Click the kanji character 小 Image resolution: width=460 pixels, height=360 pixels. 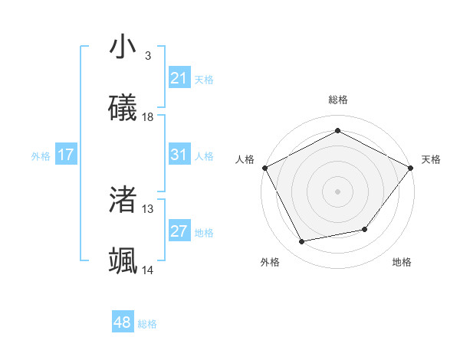(x=123, y=47)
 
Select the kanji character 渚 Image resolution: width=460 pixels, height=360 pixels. (x=123, y=200)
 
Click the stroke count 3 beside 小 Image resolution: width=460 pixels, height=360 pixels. (x=147, y=55)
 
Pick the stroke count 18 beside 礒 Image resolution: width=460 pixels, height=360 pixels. (x=148, y=117)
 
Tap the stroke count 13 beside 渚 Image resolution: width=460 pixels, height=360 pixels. (x=148, y=208)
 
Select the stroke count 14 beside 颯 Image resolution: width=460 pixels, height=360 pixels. (x=148, y=270)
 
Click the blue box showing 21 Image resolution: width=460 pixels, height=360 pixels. (x=179, y=78)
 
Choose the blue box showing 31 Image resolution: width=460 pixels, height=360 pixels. (x=179, y=155)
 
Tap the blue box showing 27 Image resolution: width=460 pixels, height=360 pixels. (x=179, y=231)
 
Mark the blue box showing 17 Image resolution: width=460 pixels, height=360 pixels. (x=66, y=155)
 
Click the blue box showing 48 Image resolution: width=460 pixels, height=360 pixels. (x=122, y=322)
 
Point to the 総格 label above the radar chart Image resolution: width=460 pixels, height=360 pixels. (x=337, y=100)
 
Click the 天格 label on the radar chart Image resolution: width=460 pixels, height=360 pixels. (x=431, y=159)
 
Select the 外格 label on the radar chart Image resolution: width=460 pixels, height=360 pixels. (x=270, y=262)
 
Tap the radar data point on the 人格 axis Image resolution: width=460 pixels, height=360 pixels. (x=264, y=167)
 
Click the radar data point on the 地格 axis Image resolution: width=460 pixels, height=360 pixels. (x=365, y=229)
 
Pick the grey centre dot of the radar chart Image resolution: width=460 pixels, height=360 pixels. (x=337, y=191)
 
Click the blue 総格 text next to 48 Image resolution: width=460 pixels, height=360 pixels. (x=147, y=324)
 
